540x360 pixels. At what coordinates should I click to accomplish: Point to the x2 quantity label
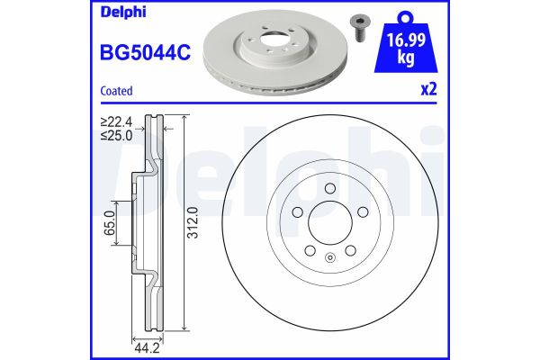(430, 91)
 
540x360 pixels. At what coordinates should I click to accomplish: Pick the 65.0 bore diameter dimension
(110, 220)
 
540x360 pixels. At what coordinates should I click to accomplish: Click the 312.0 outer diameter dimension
(192, 220)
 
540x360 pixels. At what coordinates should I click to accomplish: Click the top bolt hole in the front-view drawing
(330, 189)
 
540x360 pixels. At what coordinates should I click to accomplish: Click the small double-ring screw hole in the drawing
(330, 260)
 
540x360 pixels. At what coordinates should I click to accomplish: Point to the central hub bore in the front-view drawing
(330, 221)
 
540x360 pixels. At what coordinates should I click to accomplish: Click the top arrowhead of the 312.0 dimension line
(184, 117)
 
